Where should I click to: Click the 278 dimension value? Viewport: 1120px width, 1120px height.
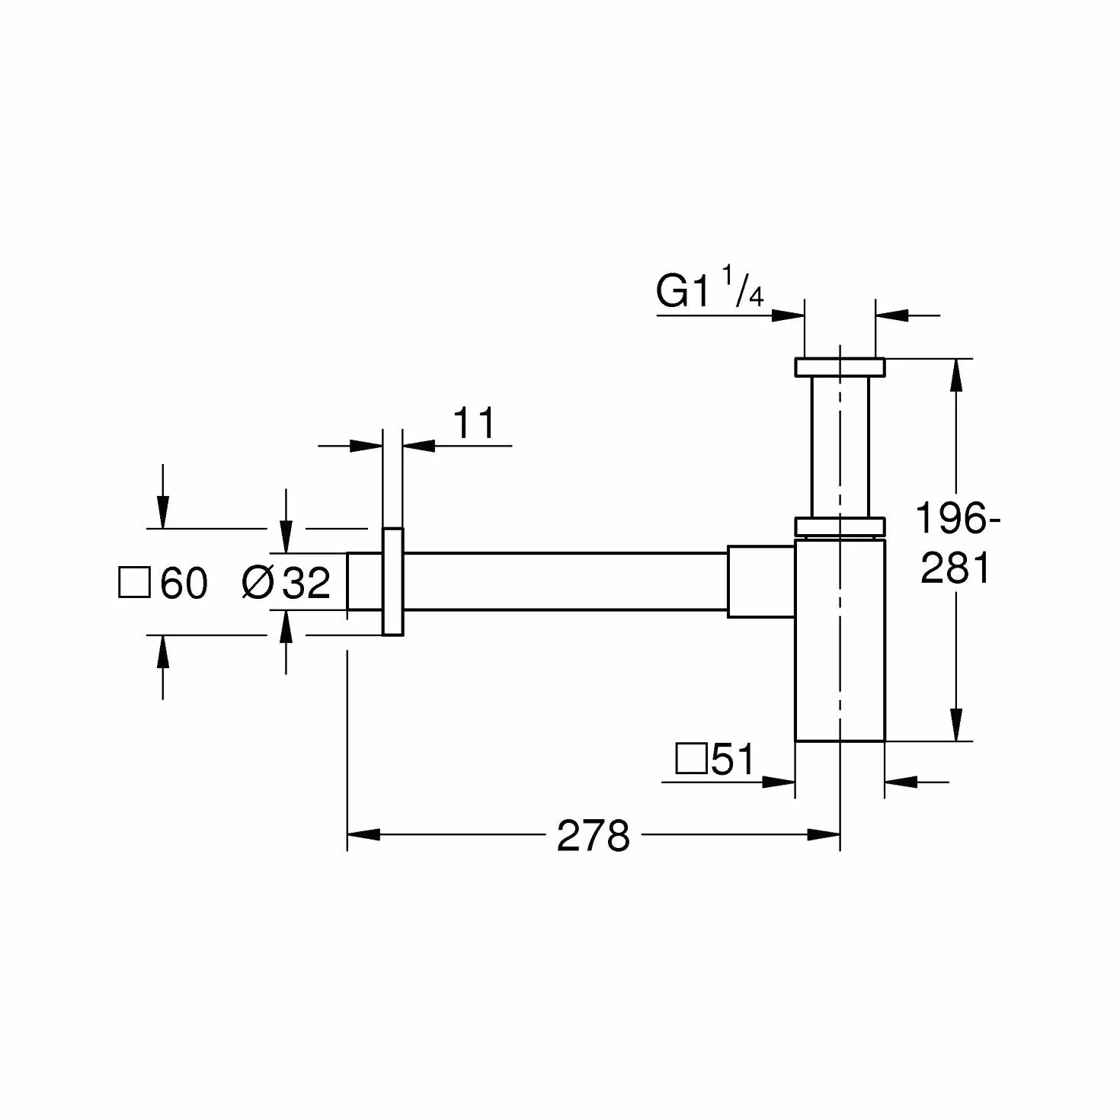pyautogui.click(x=593, y=837)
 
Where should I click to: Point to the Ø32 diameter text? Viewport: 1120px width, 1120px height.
pyautogui.click(x=286, y=582)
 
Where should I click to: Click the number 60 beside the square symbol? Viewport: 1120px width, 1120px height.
pyautogui.click(x=184, y=583)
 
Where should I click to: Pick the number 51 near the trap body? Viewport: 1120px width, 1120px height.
pyautogui.click(x=732, y=759)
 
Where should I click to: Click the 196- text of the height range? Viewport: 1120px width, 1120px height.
pyautogui.click(x=957, y=518)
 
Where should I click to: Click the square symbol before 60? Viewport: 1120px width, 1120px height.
pyautogui.click(x=134, y=583)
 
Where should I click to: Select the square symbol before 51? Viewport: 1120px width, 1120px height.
pyautogui.click(x=691, y=759)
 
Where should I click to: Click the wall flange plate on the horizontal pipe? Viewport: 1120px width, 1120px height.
pyautogui.click(x=393, y=582)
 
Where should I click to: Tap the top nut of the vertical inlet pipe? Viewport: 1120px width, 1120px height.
pyautogui.click(x=840, y=367)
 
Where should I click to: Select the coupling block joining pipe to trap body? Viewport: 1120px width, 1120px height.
pyautogui.click(x=761, y=582)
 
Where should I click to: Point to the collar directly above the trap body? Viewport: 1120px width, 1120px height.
pyautogui.click(x=840, y=526)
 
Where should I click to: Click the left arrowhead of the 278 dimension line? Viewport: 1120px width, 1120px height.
pyautogui.click(x=363, y=835)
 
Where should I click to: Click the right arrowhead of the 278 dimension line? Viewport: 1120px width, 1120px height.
pyautogui.click(x=824, y=835)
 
